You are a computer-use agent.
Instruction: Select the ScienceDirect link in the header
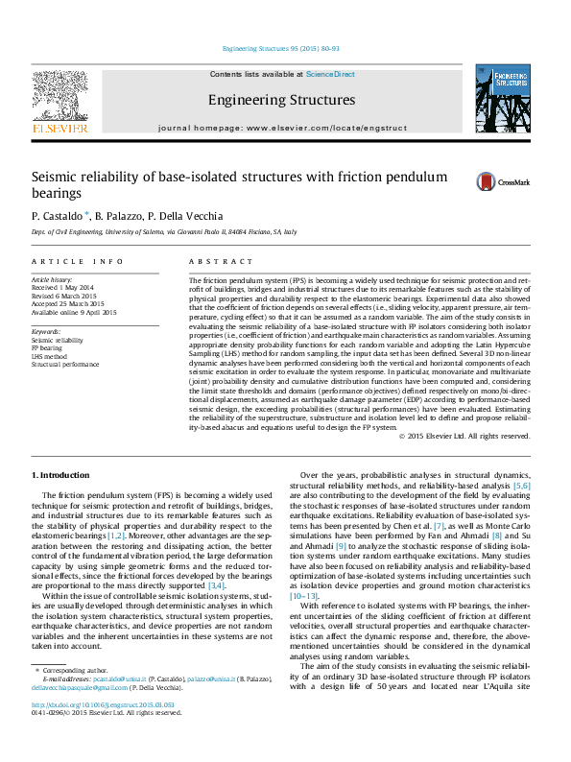[330, 74]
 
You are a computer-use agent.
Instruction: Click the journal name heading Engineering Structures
[281, 100]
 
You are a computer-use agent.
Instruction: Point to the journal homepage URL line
[282, 128]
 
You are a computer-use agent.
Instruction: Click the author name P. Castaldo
[59, 216]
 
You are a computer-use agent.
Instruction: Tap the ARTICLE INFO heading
[77, 261]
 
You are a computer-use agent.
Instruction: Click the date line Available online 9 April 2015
[74, 312]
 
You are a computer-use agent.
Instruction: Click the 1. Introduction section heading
[62, 476]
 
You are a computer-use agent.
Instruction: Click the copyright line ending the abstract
[437, 436]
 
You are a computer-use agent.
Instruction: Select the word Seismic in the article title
[55, 178]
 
